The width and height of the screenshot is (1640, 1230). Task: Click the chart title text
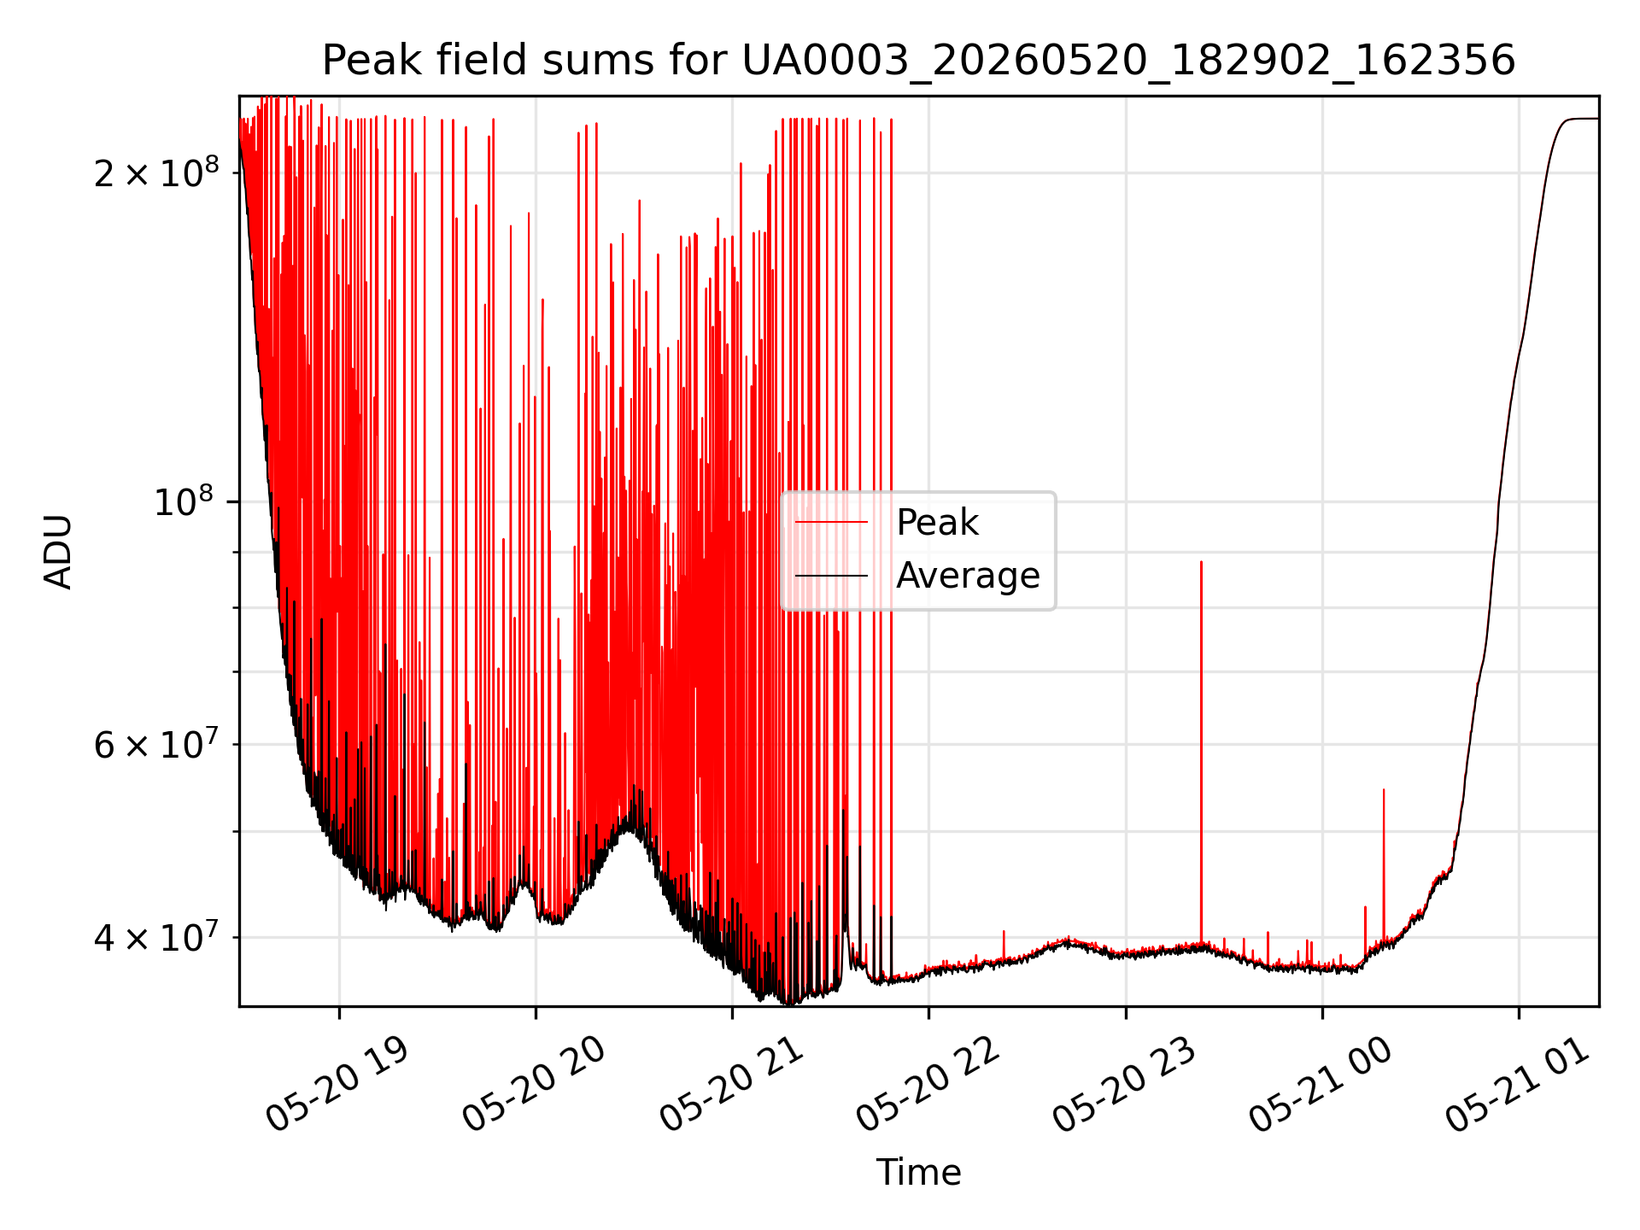click(x=918, y=60)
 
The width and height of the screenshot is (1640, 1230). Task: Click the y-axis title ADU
click(x=58, y=551)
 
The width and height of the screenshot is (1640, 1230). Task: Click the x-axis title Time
click(x=918, y=1172)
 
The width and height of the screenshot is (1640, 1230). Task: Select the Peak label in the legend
click(x=937, y=522)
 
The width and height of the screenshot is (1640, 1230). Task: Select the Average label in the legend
click(x=968, y=576)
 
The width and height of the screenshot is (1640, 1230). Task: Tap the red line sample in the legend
click(x=831, y=522)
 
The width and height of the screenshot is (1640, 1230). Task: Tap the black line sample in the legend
click(x=831, y=576)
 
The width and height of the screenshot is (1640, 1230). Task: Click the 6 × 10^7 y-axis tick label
click(x=156, y=744)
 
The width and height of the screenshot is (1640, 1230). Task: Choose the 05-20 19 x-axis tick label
click(x=337, y=1085)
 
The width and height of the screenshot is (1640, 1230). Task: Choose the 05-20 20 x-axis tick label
click(x=534, y=1085)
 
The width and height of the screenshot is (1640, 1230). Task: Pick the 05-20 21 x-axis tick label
click(x=731, y=1085)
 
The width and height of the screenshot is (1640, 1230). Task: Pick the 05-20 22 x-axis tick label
click(x=928, y=1085)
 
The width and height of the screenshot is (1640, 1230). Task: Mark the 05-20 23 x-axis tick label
click(x=1124, y=1085)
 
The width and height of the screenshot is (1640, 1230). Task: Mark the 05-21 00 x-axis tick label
click(x=1321, y=1085)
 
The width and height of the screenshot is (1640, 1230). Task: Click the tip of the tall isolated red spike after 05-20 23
click(x=1201, y=562)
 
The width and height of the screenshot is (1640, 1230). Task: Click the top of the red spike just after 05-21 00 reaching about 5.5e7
click(x=1384, y=789)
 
